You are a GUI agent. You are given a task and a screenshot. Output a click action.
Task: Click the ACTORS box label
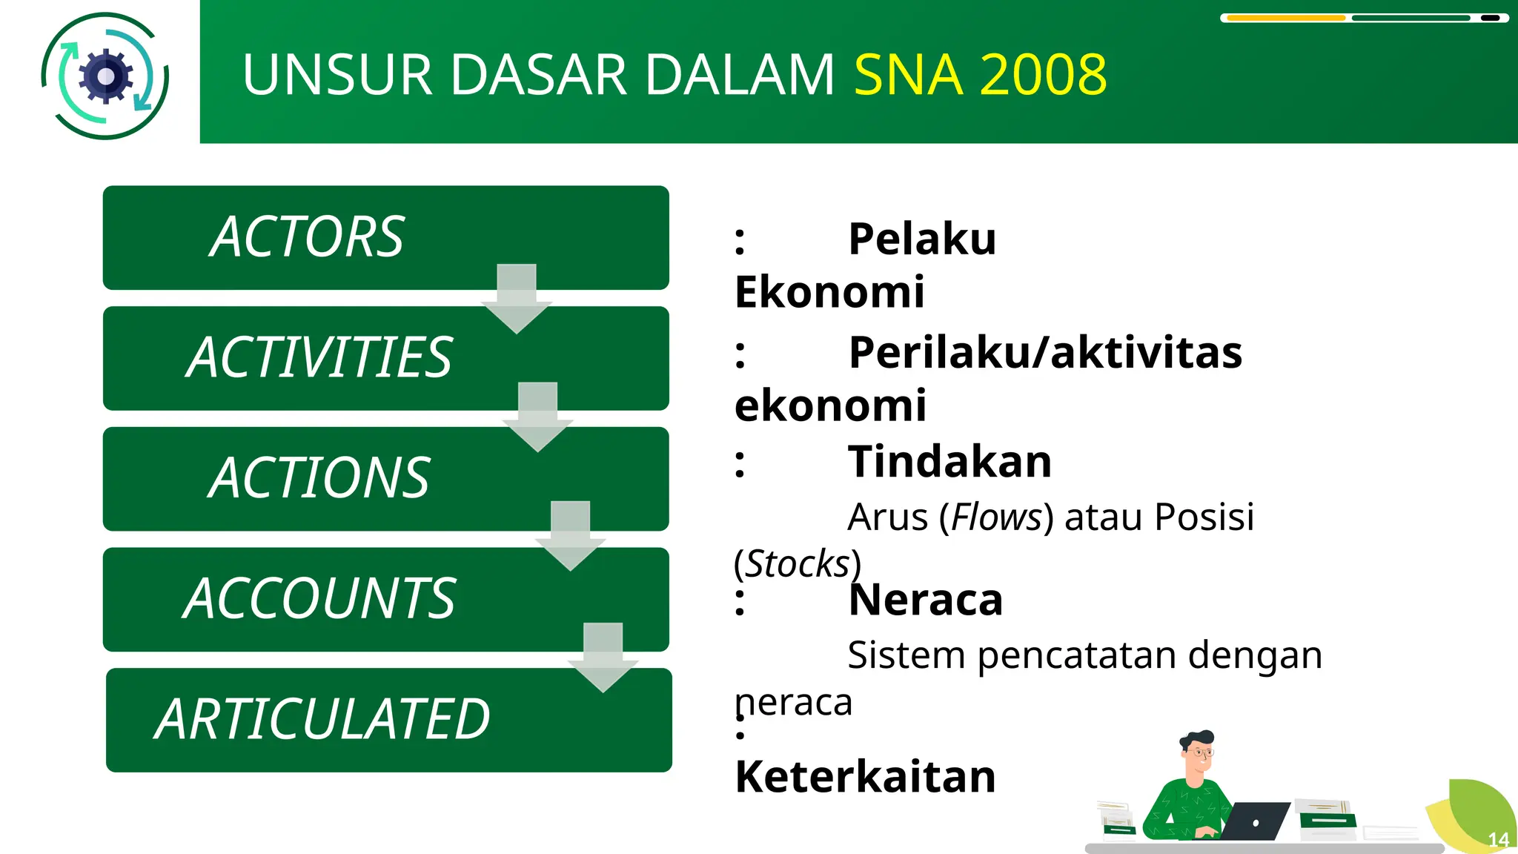point(307,237)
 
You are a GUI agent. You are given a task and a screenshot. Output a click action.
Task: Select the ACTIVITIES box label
point(319,357)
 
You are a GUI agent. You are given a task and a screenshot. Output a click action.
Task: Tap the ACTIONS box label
point(319,478)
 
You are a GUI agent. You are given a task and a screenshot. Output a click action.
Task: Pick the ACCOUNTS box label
point(319,598)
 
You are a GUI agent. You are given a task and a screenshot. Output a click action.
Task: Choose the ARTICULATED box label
point(322,719)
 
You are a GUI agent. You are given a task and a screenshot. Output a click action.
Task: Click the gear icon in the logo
point(106,76)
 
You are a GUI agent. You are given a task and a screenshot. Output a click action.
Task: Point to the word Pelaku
point(921,239)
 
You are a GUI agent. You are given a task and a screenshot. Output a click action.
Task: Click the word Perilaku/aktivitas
point(1045,352)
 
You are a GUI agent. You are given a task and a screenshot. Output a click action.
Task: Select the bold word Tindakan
point(949,461)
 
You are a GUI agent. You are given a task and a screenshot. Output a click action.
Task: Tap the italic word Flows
point(996,517)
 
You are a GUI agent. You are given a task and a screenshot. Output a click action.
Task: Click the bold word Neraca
point(925,600)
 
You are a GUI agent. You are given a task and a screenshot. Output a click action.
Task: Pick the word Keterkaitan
point(865,776)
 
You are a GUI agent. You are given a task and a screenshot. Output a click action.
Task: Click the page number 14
point(1498,839)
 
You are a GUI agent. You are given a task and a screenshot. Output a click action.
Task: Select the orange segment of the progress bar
point(1285,18)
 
